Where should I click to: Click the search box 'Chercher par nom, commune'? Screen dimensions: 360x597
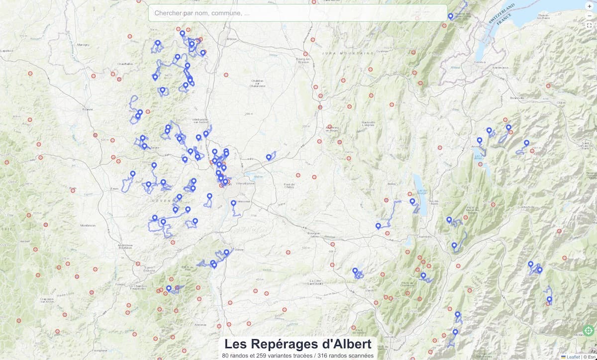click(298, 13)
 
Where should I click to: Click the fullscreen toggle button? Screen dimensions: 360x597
click(589, 25)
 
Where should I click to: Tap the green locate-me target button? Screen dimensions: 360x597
click(588, 331)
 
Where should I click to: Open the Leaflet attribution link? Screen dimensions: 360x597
click(573, 357)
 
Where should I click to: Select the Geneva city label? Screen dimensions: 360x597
click(480, 62)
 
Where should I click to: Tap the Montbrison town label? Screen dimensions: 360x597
click(88, 225)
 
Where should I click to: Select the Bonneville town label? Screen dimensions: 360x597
click(516, 98)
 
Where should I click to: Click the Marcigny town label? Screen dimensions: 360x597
click(83, 45)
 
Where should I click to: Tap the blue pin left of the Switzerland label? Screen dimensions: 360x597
click(450, 16)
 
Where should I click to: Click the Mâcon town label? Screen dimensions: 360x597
click(231, 39)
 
